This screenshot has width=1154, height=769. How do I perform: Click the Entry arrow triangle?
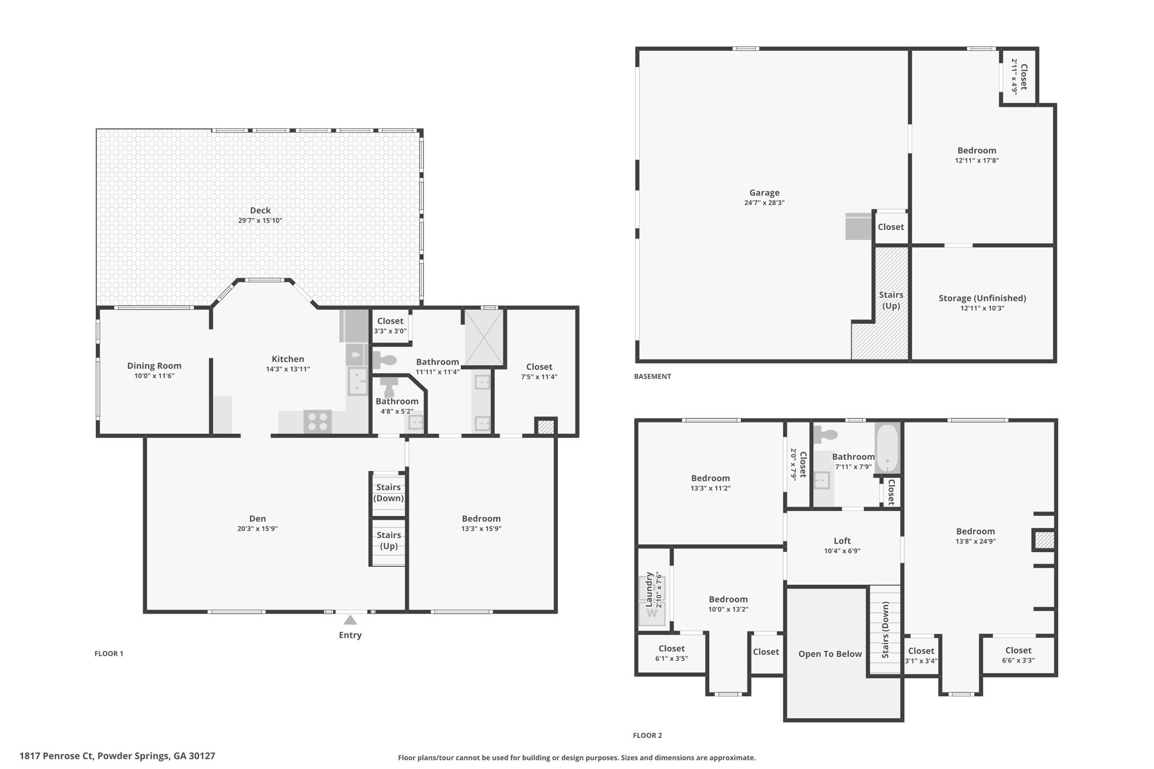[350, 620]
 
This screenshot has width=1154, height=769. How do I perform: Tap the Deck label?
[260, 210]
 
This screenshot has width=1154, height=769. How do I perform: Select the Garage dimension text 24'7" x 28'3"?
[764, 203]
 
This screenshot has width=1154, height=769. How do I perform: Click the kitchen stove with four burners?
[317, 422]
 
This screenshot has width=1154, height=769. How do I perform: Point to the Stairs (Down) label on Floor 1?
[388, 492]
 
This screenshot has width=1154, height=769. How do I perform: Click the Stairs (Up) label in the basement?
[891, 300]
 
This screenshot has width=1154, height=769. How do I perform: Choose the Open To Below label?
[829, 654]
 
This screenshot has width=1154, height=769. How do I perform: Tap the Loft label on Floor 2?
[842, 541]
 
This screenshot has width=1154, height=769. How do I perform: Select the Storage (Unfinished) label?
[982, 298]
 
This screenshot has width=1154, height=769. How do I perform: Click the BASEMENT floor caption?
[652, 376]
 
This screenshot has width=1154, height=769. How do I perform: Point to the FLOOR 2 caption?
[647, 735]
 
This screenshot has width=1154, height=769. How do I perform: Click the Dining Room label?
[154, 366]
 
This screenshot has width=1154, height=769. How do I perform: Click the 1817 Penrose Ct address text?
[117, 756]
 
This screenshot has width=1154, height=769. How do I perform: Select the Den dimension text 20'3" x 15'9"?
[258, 528]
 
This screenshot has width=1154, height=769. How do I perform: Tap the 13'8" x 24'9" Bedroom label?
[975, 531]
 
